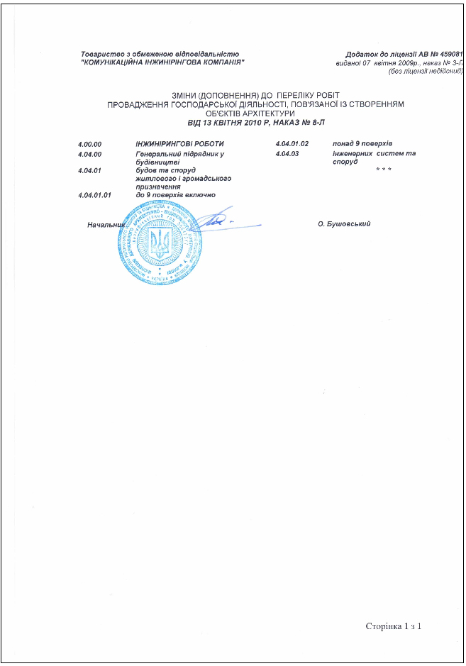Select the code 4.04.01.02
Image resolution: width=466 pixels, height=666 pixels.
[292, 144]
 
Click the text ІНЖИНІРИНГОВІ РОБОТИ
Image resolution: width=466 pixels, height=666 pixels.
[174, 144]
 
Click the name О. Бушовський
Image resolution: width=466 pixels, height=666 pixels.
[344, 224]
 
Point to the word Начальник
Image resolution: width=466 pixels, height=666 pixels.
[106, 225]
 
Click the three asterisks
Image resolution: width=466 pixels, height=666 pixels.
[384, 170]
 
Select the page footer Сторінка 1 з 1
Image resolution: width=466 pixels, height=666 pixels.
[394, 626]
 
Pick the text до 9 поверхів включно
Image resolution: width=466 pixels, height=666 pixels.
[175, 194]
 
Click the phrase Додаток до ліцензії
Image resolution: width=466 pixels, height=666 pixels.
[380, 54]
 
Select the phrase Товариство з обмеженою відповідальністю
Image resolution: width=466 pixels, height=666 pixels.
[160, 54]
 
